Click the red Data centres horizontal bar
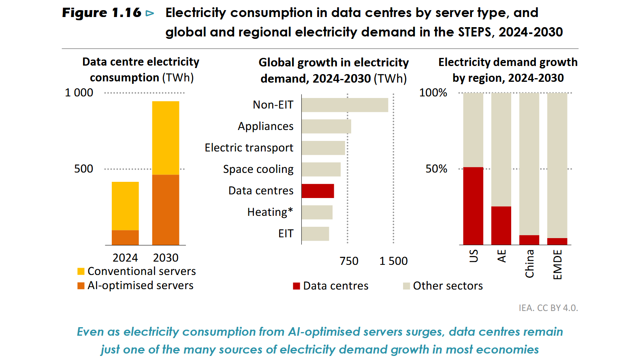coord(318,191)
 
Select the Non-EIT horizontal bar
coord(345,105)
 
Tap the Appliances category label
coord(265,126)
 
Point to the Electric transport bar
coord(323,148)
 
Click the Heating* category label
coord(270,212)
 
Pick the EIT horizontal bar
coord(315,234)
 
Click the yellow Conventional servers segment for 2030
coord(166,138)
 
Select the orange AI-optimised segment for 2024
coord(125,237)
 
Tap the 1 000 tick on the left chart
coord(79,93)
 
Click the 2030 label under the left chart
coord(166,258)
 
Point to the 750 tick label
coord(349,261)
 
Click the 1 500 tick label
coord(393,261)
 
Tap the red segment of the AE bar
coord(501,226)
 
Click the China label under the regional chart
coord(529,264)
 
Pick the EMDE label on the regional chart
coord(557,264)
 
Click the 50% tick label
coord(436,169)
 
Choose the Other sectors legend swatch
coord(407,286)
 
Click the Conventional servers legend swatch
coord(81,271)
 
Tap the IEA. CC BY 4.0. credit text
coord(548,308)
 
